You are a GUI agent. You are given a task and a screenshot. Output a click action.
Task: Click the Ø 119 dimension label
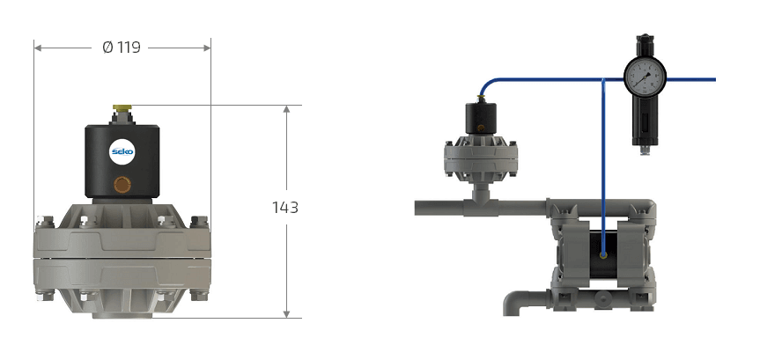pos(122,48)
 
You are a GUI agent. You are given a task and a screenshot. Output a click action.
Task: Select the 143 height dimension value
pos(285,208)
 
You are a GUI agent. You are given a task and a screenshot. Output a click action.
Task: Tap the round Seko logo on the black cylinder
pos(122,151)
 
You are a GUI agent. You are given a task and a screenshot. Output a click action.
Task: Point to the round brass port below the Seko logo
pos(122,184)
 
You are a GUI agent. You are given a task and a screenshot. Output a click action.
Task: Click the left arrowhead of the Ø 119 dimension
pos(38,48)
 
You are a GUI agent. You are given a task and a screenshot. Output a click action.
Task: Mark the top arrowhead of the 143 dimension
pos(286,109)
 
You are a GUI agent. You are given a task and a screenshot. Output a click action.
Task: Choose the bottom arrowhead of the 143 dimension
pos(286,314)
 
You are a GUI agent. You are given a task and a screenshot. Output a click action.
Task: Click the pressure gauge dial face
pos(645,78)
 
